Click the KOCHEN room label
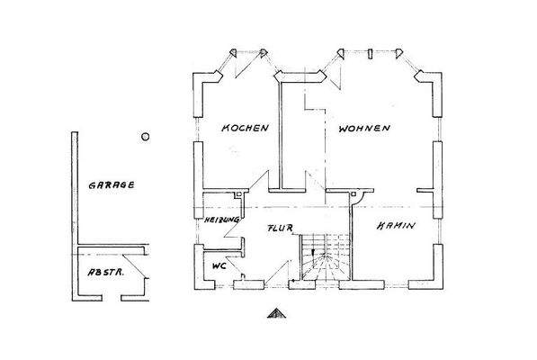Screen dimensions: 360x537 (246, 130)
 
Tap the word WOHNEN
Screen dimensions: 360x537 (365, 130)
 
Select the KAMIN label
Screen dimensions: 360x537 (396, 225)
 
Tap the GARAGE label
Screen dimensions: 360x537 (111, 184)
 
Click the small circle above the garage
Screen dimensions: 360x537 (145, 137)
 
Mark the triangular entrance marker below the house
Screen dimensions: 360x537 (275, 314)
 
